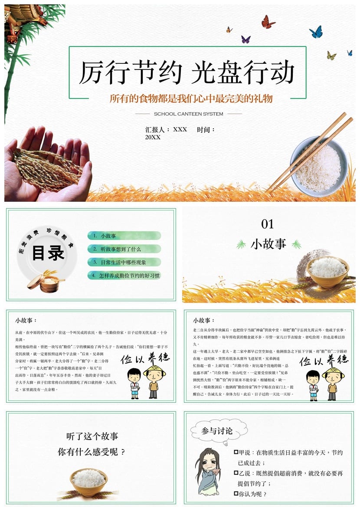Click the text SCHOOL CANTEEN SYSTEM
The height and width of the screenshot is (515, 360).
pos(188,114)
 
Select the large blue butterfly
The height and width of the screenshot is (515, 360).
pos(316,32)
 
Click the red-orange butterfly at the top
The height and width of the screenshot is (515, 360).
pos(268,22)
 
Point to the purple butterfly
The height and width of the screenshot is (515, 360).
pos(246,39)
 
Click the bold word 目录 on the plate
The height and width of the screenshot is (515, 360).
pos(48,253)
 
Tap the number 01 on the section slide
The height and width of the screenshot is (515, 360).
pos(268,224)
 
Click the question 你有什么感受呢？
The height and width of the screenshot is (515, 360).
pos(92,452)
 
